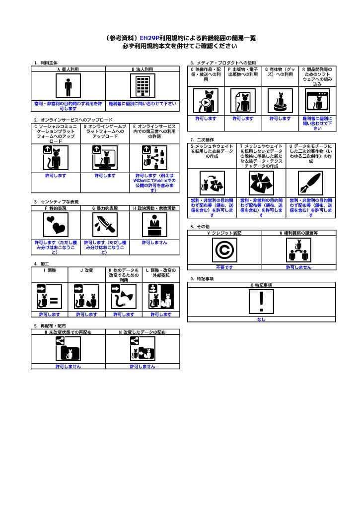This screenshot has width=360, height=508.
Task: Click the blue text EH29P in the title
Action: (149, 38)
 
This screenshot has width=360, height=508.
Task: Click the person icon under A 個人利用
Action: (68, 87)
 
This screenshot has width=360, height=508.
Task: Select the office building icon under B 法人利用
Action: (143, 87)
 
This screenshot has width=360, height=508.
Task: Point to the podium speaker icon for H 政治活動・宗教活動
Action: (154, 226)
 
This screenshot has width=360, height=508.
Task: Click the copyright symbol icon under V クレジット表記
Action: (224, 250)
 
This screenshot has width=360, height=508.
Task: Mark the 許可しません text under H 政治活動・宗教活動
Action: (154, 243)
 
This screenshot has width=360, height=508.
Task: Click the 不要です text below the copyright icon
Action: (224, 267)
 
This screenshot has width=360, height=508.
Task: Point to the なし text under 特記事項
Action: (261, 319)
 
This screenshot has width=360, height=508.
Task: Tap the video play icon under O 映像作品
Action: (206, 101)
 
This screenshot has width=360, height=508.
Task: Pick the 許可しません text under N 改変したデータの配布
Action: (142, 366)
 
